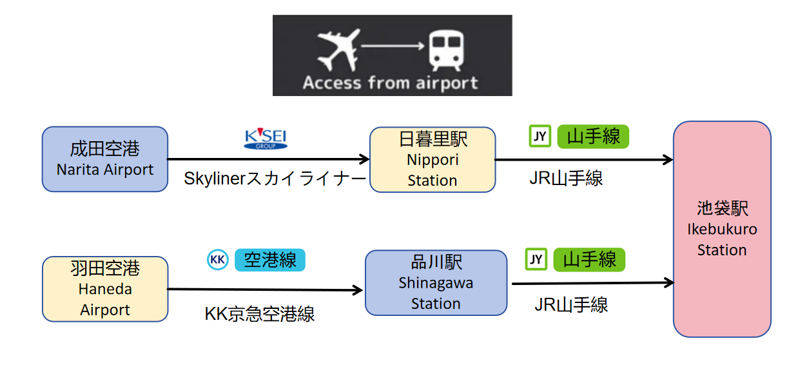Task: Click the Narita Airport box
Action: (105, 159)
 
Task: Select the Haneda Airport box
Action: (105, 289)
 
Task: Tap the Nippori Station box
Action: (433, 159)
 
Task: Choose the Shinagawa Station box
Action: (436, 282)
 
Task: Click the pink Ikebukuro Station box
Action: (722, 229)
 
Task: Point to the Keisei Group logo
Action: (266, 139)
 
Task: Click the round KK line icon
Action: (218, 260)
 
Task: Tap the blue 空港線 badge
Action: (270, 260)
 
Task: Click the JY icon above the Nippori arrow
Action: (540, 136)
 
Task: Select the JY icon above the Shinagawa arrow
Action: (536, 259)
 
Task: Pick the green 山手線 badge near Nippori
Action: (593, 136)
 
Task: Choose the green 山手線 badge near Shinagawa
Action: (590, 259)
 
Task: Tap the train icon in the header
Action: (446, 50)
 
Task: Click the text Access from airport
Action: (391, 83)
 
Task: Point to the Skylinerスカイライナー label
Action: (275, 179)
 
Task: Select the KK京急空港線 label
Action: (260, 314)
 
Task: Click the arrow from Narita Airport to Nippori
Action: (268, 159)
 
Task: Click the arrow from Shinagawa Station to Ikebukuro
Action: (592, 282)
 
